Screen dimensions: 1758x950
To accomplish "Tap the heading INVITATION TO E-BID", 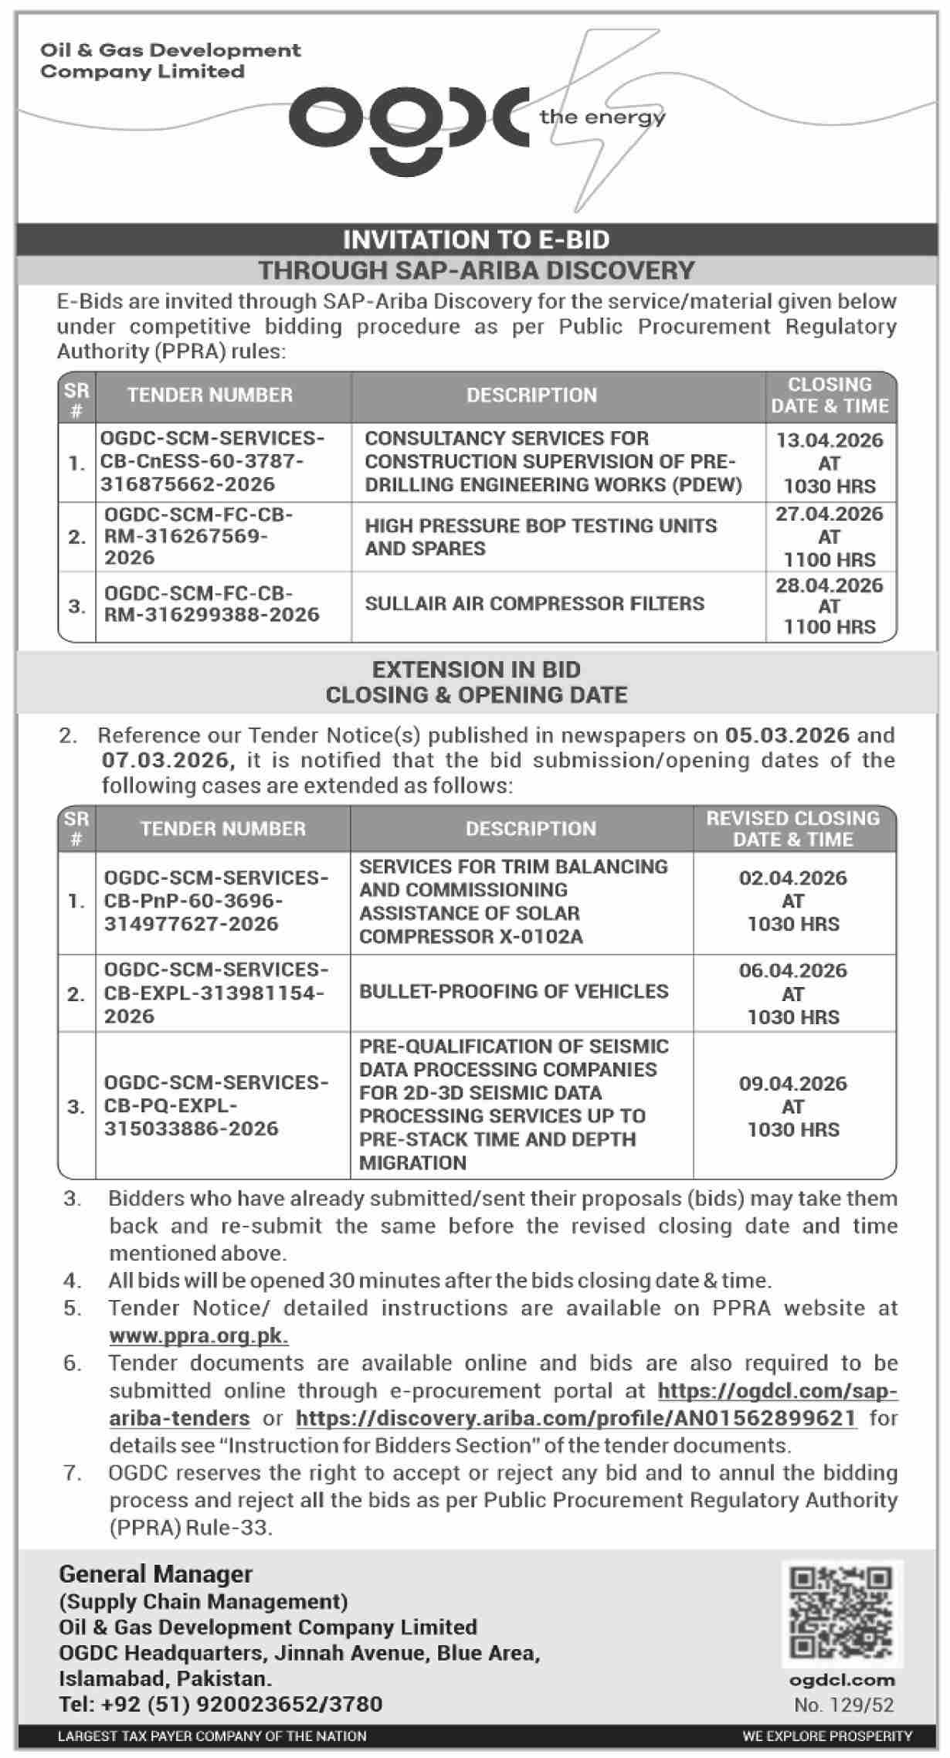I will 476,239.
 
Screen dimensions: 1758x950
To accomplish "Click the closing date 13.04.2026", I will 830,440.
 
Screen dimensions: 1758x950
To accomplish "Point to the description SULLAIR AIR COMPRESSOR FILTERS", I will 534,603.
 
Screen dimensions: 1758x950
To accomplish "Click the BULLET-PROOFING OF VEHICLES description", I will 514,991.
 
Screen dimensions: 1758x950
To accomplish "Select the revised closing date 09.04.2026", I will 793,1083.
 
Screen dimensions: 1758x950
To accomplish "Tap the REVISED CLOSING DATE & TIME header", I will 793,828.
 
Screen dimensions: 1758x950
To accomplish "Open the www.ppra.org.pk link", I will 198,1335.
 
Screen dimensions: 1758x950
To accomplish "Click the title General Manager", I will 155,1573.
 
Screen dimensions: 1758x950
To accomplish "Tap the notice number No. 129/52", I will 843,1704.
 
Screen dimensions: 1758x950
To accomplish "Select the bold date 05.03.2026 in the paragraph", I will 786,735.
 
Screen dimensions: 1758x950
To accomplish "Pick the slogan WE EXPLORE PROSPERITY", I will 827,1736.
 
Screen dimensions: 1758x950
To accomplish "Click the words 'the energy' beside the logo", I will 602,117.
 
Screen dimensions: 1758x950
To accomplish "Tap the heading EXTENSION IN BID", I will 476,669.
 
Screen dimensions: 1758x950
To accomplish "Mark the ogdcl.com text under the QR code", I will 843,1680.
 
